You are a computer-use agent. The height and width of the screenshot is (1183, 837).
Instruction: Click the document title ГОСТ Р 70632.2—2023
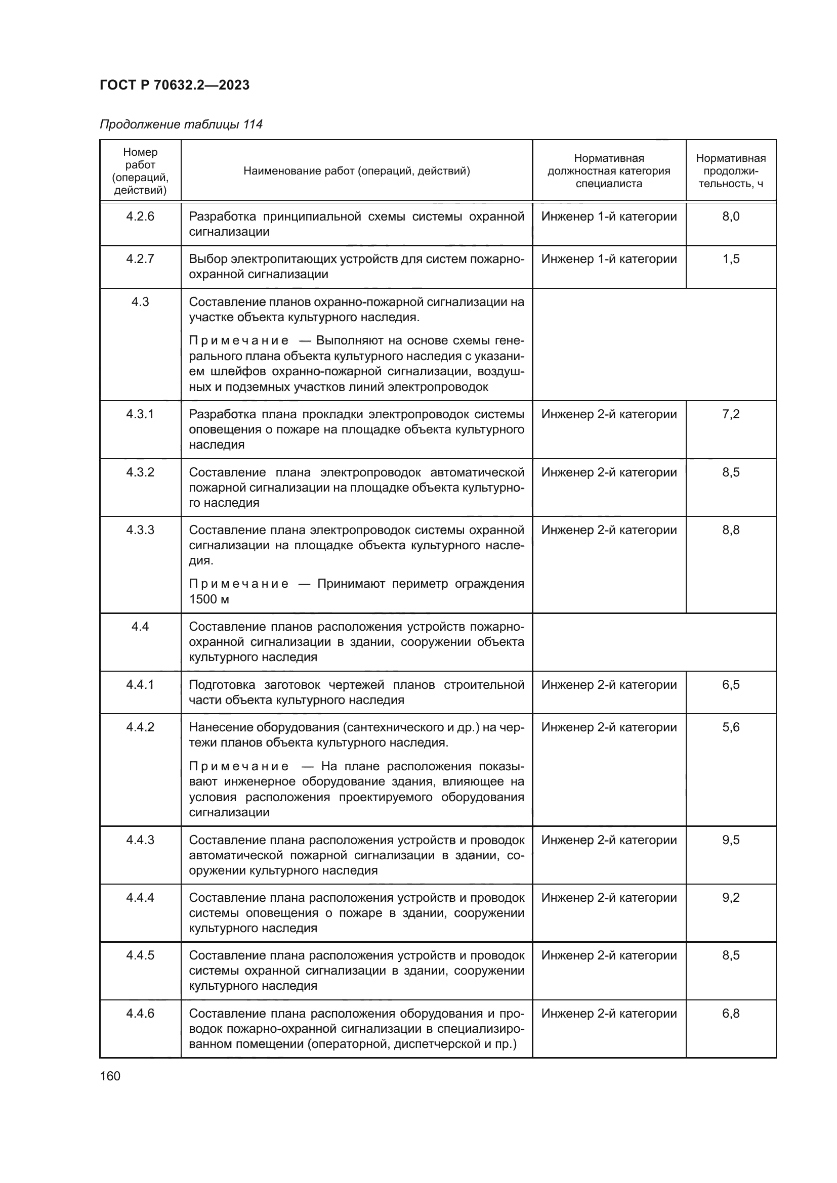point(174,85)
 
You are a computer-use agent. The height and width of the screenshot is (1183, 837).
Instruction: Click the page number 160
point(110,1076)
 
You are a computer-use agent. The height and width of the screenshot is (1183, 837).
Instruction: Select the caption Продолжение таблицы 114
point(181,124)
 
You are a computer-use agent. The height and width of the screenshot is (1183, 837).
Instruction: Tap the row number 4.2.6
point(140,216)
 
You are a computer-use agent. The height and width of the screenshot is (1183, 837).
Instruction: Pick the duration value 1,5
point(730,258)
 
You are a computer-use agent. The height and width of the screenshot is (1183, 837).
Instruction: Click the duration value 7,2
point(730,414)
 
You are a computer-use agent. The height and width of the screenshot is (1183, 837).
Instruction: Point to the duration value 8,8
point(730,530)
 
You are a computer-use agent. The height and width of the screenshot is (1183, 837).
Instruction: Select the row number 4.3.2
point(140,472)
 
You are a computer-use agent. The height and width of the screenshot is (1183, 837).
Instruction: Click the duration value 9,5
point(730,840)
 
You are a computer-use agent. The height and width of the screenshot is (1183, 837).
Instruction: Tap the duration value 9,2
point(730,898)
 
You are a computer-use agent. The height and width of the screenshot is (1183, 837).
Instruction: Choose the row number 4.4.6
point(140,1014)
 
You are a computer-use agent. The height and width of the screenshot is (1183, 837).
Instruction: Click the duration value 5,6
point(730,727)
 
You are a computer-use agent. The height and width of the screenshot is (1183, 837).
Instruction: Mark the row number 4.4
point(140,627)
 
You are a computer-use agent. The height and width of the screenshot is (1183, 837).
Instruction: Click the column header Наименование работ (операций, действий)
point(357,170)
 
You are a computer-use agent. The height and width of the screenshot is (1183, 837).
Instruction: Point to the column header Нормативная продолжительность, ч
point(730,170)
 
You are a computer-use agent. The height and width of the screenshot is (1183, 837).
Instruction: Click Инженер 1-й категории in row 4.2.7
point(609,258)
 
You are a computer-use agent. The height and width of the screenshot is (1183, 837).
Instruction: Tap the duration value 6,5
point(730,684)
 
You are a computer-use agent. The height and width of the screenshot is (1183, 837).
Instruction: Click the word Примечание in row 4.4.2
point(239,766)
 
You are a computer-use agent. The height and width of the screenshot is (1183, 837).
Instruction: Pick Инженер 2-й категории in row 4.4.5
point(609,955)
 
